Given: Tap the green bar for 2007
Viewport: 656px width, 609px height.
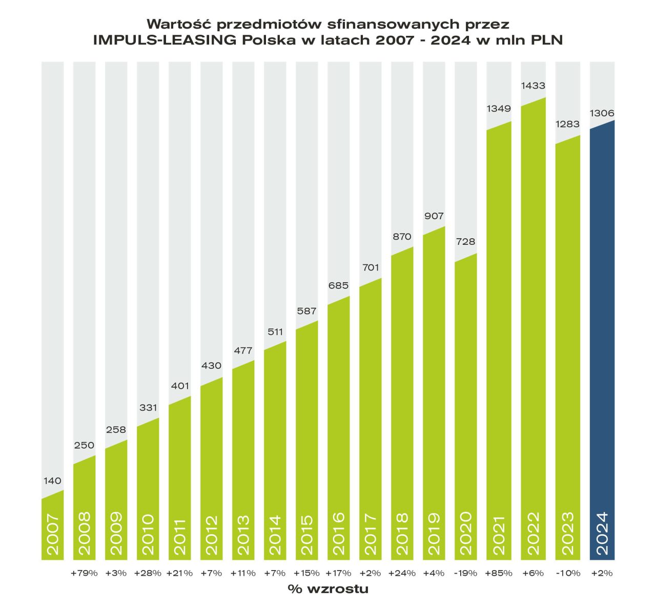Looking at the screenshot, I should click(x=52, y=528).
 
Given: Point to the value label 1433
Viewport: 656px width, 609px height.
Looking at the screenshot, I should click(x=533, y=86).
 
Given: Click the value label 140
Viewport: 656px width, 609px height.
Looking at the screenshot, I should click(x=52, y=481).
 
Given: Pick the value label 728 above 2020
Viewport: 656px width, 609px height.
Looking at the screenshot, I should click(x=465, y=242).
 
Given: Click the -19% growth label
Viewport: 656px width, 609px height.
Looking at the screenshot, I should click(x=465, y=573).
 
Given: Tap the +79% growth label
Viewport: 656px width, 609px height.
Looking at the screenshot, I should click(x=84, y=573).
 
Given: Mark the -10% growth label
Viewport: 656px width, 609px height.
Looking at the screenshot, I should click(x=567, y=573).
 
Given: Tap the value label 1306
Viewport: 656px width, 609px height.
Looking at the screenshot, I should click(x=602, y=113).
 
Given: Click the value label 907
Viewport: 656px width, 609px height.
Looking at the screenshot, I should click(x=434, y=216).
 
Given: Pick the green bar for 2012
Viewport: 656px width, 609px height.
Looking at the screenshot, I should click(x=212, y=471).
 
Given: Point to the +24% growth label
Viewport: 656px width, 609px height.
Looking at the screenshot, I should click(x=402, y=573).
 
